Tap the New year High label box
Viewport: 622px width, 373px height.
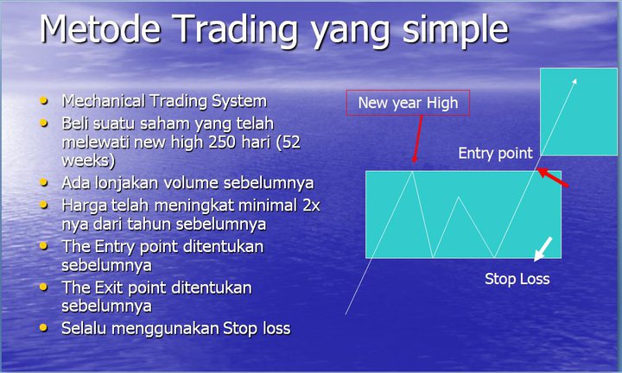(x=408, y=103)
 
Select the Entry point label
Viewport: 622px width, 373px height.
(x=495, y=154)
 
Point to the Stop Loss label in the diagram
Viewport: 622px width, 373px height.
(x=517, y=279)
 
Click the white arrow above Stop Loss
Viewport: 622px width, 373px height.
(x=543, y=249)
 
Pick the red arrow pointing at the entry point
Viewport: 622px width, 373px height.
(x=553, y=177)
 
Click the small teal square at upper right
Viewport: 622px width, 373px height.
(x=579, y=111)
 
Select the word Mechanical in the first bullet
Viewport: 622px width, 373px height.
(x=103, y=101)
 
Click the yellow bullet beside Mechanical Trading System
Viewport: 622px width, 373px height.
(x=44, y=101)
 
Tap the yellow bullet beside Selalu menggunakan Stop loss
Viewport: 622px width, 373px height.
(x=44, y=328)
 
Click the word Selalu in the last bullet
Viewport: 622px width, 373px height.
(x=83, y=329)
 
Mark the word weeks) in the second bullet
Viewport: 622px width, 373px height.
(x=88, y=161)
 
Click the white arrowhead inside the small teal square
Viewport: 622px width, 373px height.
(x=574, y=81)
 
